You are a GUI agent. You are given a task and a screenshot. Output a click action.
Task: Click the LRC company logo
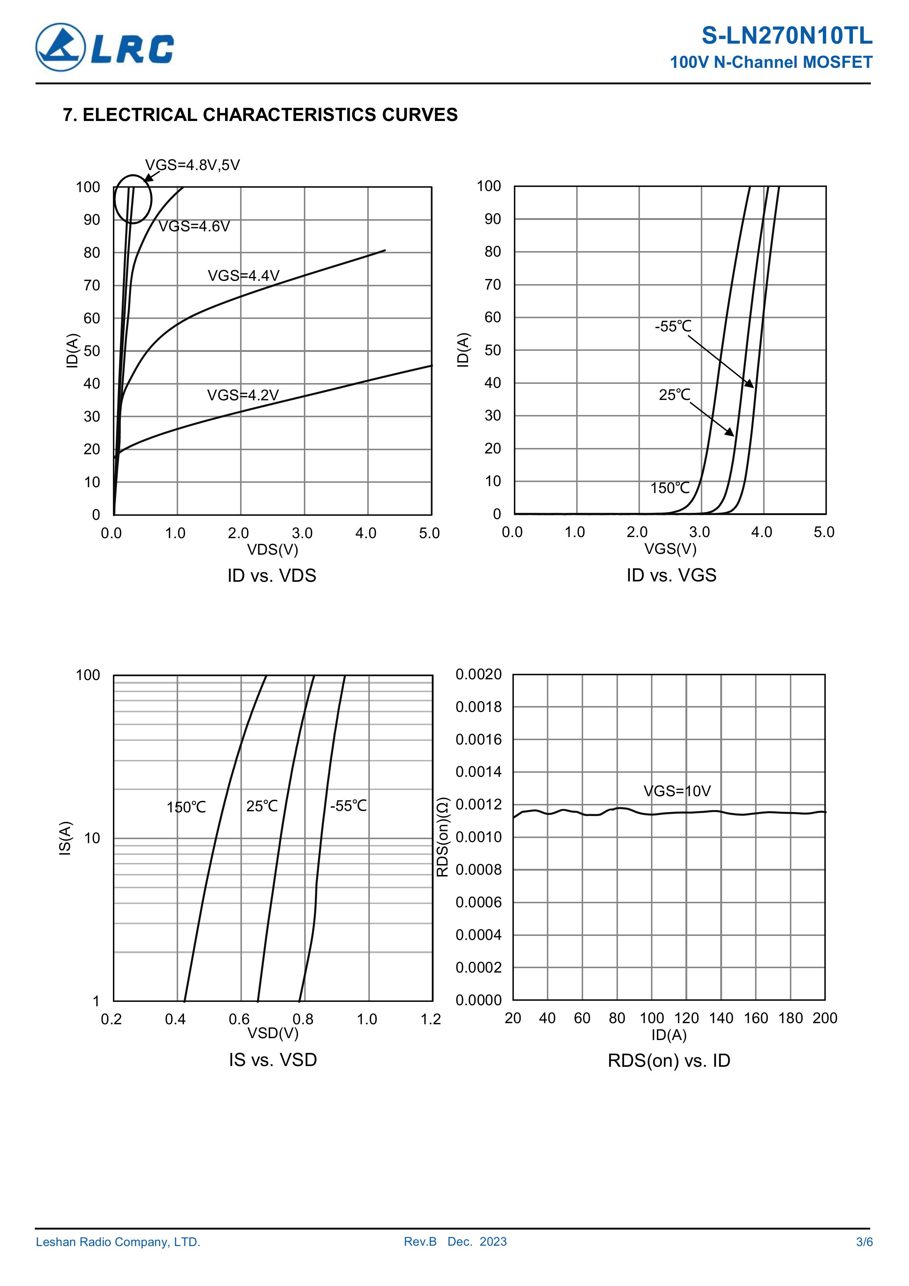(105, 48)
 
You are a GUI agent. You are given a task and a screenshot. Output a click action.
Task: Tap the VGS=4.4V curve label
(243, 276)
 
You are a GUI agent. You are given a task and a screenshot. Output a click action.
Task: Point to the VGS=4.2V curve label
(243, 396)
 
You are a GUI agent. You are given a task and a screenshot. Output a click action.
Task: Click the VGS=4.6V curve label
(194, 226)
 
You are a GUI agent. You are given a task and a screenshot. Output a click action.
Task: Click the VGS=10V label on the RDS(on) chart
(677, 791)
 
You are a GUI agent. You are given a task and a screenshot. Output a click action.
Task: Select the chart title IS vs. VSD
(273, 1060)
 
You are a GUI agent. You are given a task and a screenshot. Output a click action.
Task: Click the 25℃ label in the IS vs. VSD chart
(262, 806)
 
